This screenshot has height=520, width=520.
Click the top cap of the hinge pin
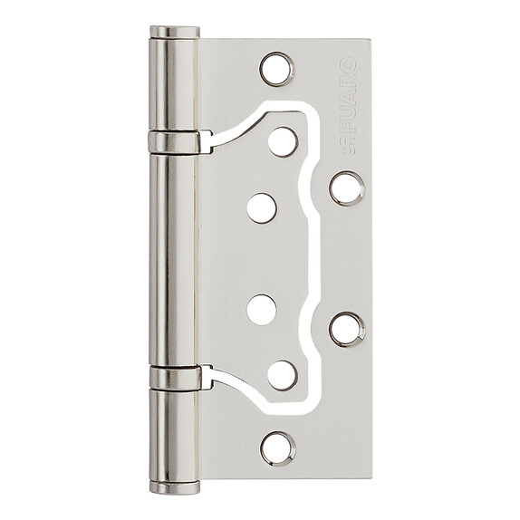tap(175, 32)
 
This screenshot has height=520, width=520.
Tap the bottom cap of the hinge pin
tap(175, 487)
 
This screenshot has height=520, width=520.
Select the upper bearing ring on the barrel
tap(174, 142)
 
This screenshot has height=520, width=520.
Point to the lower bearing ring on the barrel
tap(175, 378)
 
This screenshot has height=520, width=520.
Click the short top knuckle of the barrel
tap(174, 84)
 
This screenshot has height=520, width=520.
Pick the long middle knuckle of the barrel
tap(174, 260)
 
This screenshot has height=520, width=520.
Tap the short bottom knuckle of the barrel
tap(175, 435)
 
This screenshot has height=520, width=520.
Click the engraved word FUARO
tap(349, 95)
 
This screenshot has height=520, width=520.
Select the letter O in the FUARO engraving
tap(349, 64)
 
